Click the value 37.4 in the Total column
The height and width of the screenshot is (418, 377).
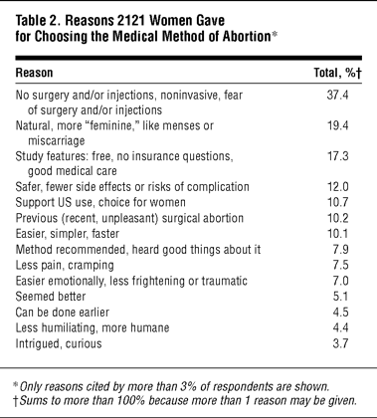[x=337, y=96]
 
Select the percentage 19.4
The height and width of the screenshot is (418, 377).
[x=337, y=125]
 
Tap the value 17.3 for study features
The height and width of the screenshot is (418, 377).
[x=337, y=156]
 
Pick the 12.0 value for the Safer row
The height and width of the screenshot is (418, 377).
[x=337, y=187]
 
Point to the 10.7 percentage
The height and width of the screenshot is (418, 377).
[x=337, y=202]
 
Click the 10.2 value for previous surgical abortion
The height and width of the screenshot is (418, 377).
[x=337, y=218]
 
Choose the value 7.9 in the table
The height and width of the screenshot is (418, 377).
[x=340, y=249]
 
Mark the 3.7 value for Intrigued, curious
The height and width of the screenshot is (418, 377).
[x=340, y=343]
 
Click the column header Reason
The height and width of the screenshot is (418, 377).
[x=34, y=73]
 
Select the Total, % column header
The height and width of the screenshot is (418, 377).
[x=337, y=73]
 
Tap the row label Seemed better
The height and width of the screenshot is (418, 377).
[x=51, y=297]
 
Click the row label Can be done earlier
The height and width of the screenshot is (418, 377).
[x=63, y=313]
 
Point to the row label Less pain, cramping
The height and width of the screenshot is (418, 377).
[x=65, y=266]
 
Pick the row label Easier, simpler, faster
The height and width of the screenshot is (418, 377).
[x=68, y=234]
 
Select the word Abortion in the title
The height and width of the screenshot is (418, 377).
[x=247, y=36]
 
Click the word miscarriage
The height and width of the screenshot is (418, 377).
[x=57, y=141]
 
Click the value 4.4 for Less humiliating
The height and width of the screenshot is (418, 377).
[x=340, y=327]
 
